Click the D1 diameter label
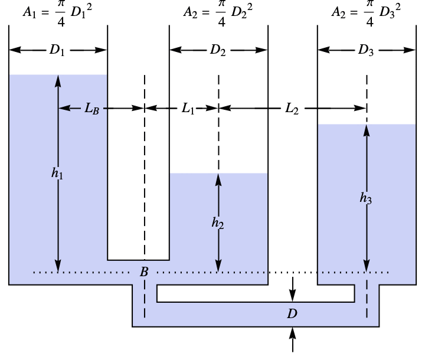pyautogui.click(x=57, y=50)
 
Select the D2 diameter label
pyautogui.click(x=218, y=50)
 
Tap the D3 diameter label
pyautogui.click(x=366, y=50)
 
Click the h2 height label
pyautogui.click(x=218, y=222)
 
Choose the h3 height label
pyautogui.click(x=366, y=199)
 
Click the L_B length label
pyautogui.click(x=91, y=109)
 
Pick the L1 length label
pyautogui.click(x=188, y=109)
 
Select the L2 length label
pyautogui.click(x=292, y=109)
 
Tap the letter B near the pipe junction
pyautogui.click(x=144, y=271)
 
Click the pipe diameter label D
pyautogui.click(x=292, y=313)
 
